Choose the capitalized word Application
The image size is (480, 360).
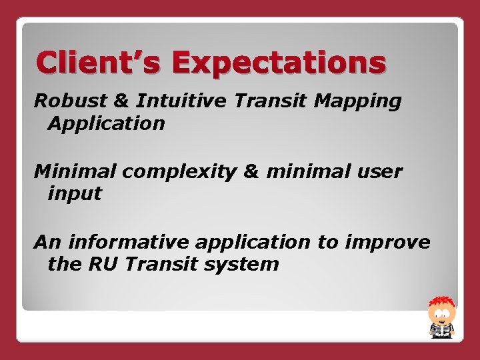click(106, 124)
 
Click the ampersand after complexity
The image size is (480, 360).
click(247, 171)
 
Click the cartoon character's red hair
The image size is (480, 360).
click(440, 301)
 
